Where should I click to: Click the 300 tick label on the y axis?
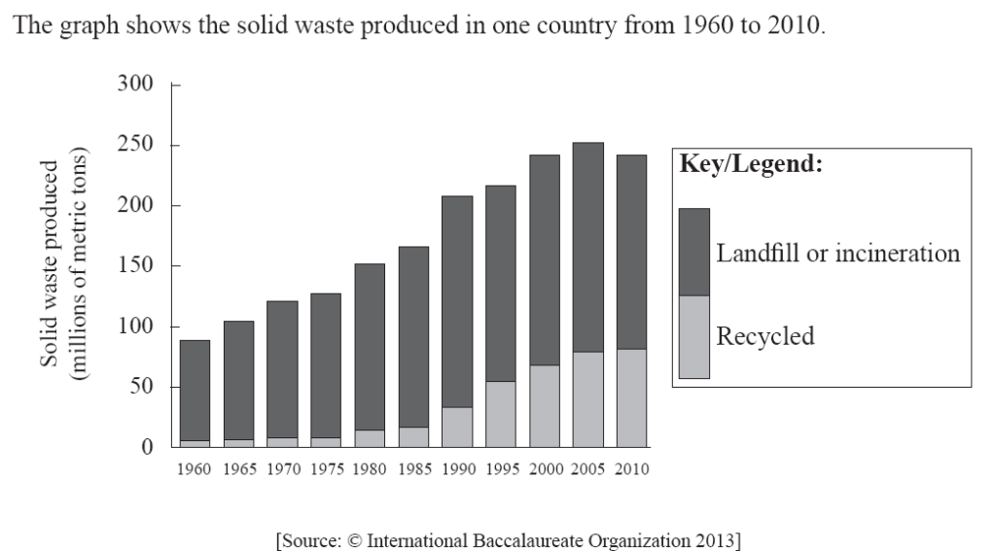135,85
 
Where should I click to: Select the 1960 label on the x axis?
195,469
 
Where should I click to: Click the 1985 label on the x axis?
413,469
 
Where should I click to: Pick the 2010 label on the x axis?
631,469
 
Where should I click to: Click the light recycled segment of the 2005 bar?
587,399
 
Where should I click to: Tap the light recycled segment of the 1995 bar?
501,414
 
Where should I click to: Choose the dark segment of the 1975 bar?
326,365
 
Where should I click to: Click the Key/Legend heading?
751,165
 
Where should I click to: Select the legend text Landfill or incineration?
837,254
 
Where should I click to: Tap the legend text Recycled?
764,337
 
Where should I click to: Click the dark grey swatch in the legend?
693,252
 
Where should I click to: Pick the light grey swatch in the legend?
693,337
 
